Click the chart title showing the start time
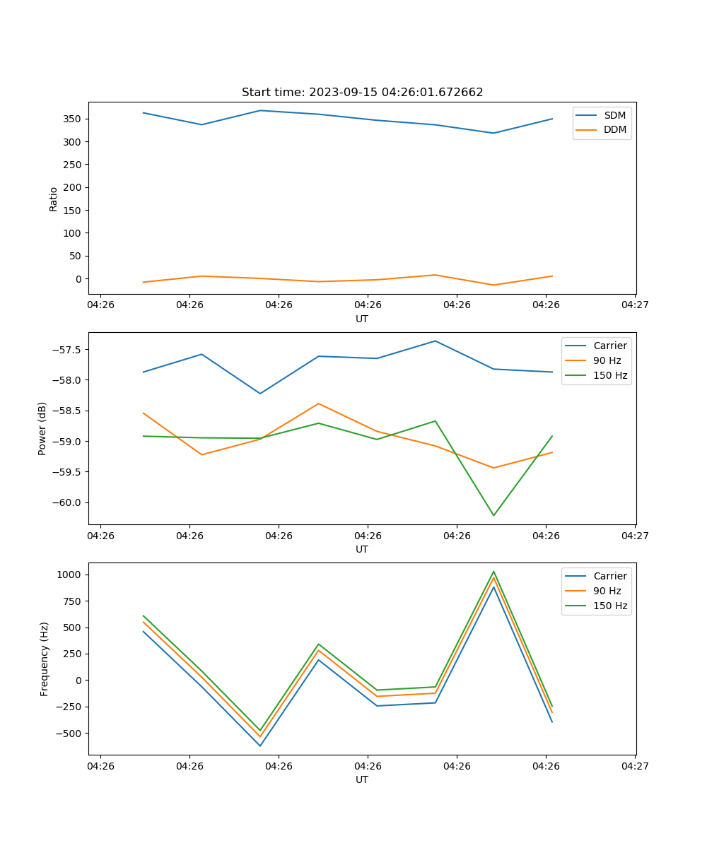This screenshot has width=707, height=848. point(362,93)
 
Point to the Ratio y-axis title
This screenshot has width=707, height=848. point(53,199)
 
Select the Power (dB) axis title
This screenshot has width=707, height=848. point(42,428)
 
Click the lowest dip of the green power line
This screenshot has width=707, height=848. point(493,515)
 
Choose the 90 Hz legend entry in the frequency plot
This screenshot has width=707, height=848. point(607,591)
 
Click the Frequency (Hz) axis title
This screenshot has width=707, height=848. point(44,659)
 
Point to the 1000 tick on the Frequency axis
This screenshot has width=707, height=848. point(71,575)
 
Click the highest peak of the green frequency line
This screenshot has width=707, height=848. point(493,572)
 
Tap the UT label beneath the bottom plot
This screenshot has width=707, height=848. point(362,779)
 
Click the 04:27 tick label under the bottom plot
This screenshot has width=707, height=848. point(634,765)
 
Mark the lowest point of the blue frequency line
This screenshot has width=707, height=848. point(260,746)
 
